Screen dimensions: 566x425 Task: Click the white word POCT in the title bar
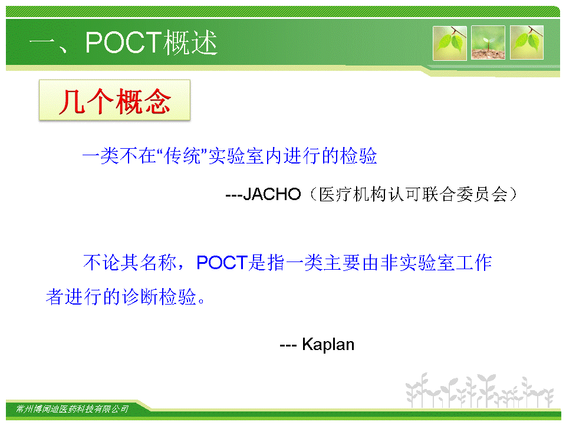point(123,42)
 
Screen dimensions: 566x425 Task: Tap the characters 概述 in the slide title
point(190,42)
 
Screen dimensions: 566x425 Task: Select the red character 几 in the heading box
point(72,102)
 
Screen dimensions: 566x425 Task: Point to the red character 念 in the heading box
point(157,102)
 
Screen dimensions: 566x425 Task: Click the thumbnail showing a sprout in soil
point(488,42)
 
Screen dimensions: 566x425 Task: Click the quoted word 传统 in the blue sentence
point(182,156)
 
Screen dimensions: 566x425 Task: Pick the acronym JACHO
point(272,194)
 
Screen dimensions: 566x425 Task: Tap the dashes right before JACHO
point(234,195)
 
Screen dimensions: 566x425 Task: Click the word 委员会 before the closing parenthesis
point(482,194)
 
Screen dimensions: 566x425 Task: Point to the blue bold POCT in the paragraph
point(222,262)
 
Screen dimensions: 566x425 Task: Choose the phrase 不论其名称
point(130,262)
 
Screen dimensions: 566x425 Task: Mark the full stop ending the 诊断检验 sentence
point(202,300)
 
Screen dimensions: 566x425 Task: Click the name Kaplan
point(328,344)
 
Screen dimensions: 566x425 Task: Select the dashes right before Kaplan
point(288,346)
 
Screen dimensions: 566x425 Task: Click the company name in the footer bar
point(72,408)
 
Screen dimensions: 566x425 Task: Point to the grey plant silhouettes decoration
point(479,390)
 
